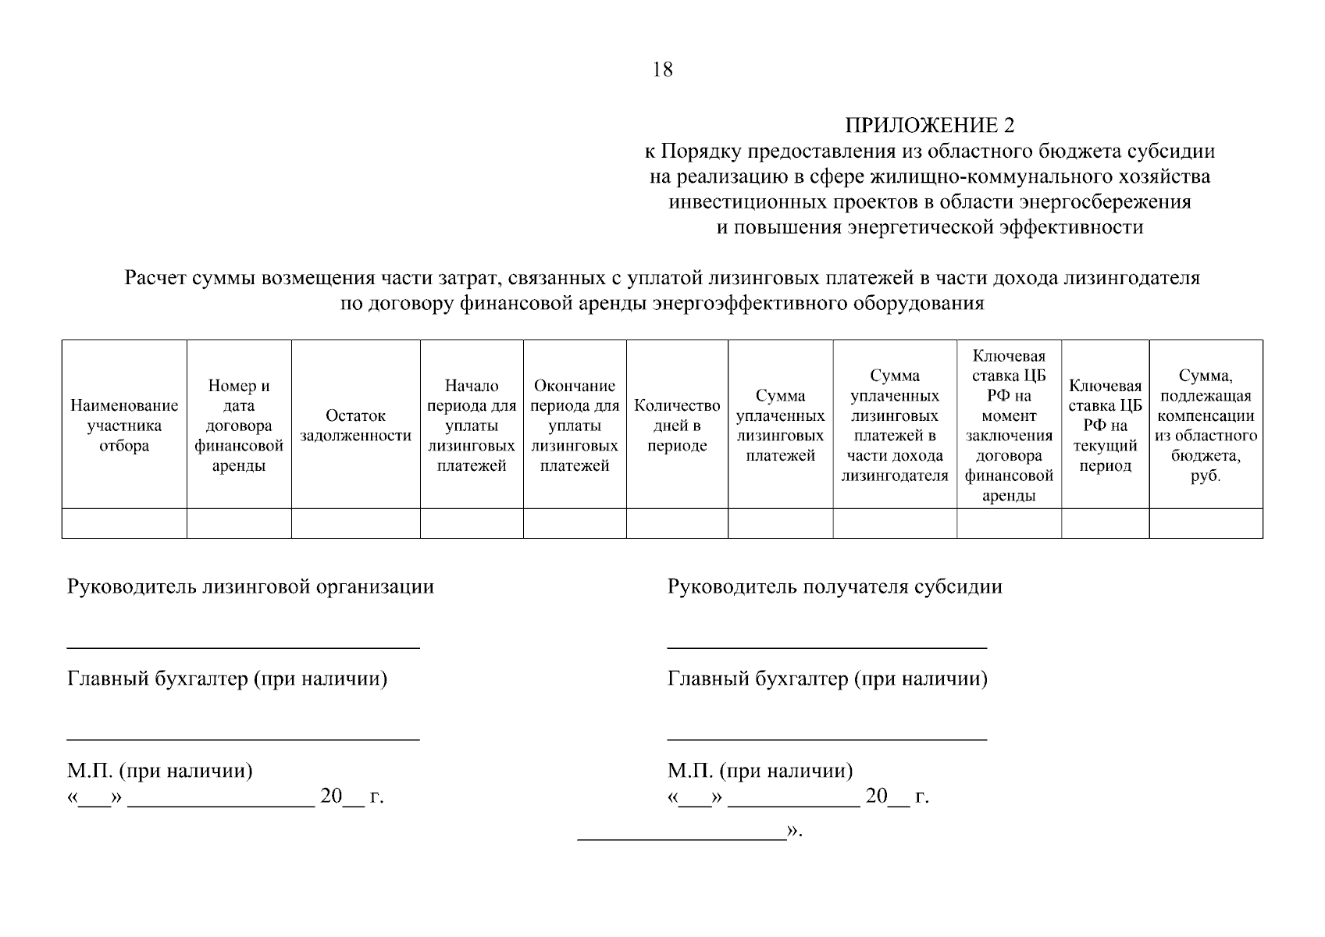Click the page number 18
[x=662, y=69]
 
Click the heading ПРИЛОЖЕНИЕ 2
[x=929, y=126]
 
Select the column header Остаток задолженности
[x=355, y=426]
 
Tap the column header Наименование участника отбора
[x=124, y=426]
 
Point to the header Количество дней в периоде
[x=677, y=426]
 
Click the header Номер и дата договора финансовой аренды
[x=239, y=426]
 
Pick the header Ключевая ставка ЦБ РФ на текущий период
[x=1105, y=426]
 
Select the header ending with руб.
[x=1206, y=426]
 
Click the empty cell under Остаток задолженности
[x=355, y=523]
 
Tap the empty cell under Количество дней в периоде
[x=677, y=523]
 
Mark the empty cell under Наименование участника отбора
[x=124, y=523]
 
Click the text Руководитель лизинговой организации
[x=251, y=586]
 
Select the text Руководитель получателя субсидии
[x=835, y=586]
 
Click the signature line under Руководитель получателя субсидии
[x=827, y=647]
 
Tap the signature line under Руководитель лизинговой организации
[x=243, y=647]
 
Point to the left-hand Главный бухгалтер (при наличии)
[x=227, y=679]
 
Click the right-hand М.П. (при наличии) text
[x=760, y=771]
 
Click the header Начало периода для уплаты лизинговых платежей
[x=472, y=426]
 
